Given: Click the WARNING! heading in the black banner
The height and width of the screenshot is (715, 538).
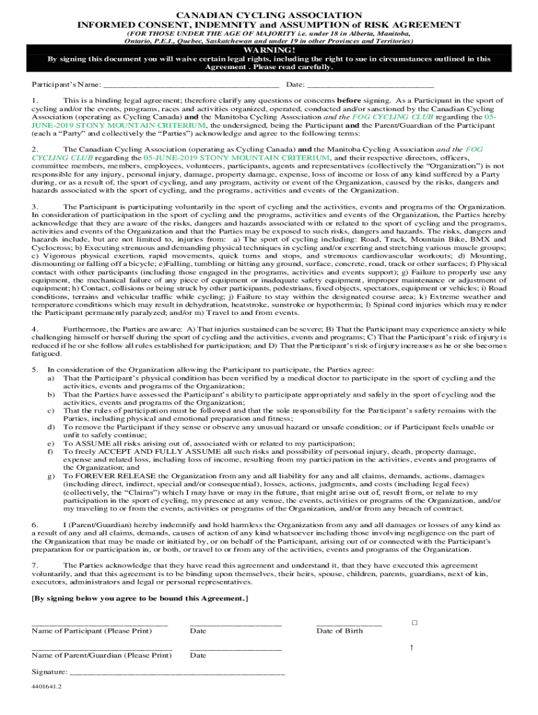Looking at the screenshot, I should pos(268,50).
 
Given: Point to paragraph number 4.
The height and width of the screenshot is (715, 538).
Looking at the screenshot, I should pos(34,328).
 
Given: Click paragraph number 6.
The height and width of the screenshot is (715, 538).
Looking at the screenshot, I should pos(34,524).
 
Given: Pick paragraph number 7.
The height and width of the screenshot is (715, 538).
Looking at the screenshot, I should pos(34,564).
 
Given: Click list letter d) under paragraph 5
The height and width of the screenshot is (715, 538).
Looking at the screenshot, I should pos(50,427).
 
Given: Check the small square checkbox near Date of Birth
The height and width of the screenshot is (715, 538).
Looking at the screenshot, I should pos(414,622).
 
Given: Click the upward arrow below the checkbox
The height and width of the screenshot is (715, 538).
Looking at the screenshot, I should pos(412,648).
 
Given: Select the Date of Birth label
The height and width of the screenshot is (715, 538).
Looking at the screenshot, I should pos(340,631).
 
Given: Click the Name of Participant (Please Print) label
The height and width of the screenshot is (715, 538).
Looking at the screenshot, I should pos(92,631).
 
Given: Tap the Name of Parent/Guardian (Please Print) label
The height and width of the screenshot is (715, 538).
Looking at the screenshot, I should pos(101,656).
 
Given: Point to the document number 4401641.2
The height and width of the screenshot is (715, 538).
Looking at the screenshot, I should pos(47,687).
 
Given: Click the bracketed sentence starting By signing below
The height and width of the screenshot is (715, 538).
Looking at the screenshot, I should pos(140,599).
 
